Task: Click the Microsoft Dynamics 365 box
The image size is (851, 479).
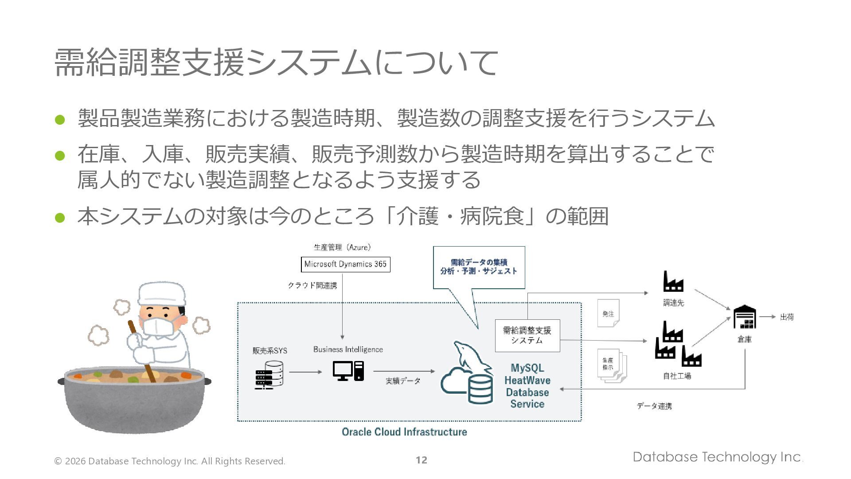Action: click(x=345, y=264)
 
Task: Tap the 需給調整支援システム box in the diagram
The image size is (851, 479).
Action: click(x=527, y=335)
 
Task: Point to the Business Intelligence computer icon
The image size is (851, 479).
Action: click(x=348, y=371)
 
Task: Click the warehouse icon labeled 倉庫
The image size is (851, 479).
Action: click(x=745, y=317)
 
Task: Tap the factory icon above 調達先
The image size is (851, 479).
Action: click(x=673, y=282)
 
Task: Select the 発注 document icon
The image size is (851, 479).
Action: click(x=608, y=314)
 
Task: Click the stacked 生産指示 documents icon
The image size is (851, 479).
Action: click(x=612, y=365)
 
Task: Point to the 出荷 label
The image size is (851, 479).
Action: click(x=787, y=317)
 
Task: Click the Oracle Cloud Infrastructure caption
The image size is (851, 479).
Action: click(x=404, y=432)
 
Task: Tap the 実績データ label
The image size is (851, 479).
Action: click(x=403, y=381)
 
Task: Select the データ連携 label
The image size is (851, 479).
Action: click(x=654, y=406)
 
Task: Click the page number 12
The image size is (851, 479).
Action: click(x=422, y=460)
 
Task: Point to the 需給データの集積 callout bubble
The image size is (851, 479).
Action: click(x=479, y=267)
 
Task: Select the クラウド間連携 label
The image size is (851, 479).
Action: click(x=312, y=285)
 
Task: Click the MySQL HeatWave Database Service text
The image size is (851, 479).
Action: click(x=527, y=386)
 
